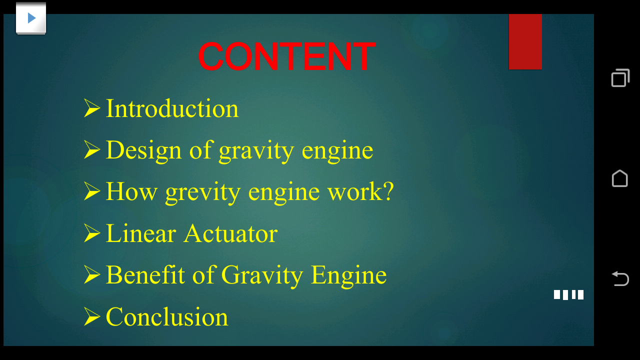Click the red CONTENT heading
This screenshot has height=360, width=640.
coord(286,56)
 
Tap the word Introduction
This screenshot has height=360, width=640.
coord(172,108)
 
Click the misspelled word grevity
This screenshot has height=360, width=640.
coord(202,192)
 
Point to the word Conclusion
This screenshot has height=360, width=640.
coord(167,317)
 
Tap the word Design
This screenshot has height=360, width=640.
coord(143,151)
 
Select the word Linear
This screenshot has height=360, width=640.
coord(141,233)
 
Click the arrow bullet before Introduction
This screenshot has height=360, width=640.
coord(92,108)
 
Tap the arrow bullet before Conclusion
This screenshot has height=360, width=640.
coord(92,316)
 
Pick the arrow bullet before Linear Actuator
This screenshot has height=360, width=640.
coord(92,233)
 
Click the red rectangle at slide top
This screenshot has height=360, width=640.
coord(525,42)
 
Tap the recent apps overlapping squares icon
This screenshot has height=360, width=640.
coord(620,78)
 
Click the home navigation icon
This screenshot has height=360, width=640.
coord(619,178)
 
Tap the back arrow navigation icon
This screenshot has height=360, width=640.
coord(620,278)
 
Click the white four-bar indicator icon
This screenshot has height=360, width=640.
coord(568,294)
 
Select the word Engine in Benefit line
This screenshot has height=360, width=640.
coord(348,275)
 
